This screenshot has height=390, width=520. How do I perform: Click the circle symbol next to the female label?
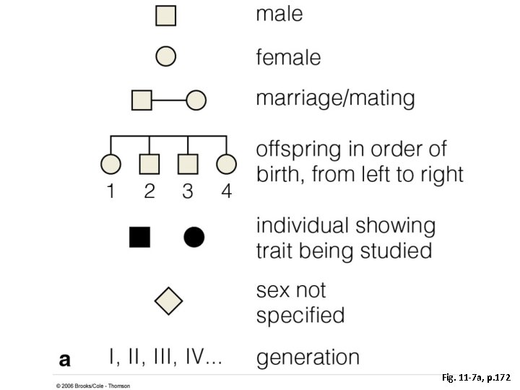[167, 56]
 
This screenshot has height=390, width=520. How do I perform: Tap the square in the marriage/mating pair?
[142, 100]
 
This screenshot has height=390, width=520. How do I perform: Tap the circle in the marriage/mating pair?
[196, 100]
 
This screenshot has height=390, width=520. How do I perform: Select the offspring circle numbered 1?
[110, 165]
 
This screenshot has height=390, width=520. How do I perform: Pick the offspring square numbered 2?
[149, 165]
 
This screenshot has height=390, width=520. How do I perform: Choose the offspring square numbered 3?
[188, 165]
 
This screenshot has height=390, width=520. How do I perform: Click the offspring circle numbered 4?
[227, 165]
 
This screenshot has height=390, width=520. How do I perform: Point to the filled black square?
[139, 237]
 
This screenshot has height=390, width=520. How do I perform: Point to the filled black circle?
[194, 237]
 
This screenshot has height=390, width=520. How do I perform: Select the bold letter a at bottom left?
[65, 358]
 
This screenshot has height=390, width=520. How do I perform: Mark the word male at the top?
[279, 14]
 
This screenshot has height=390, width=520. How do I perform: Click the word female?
[289, 56]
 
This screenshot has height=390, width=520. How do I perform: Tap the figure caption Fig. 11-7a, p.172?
[476, 377]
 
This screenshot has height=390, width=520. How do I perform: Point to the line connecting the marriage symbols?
[169, 100]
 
